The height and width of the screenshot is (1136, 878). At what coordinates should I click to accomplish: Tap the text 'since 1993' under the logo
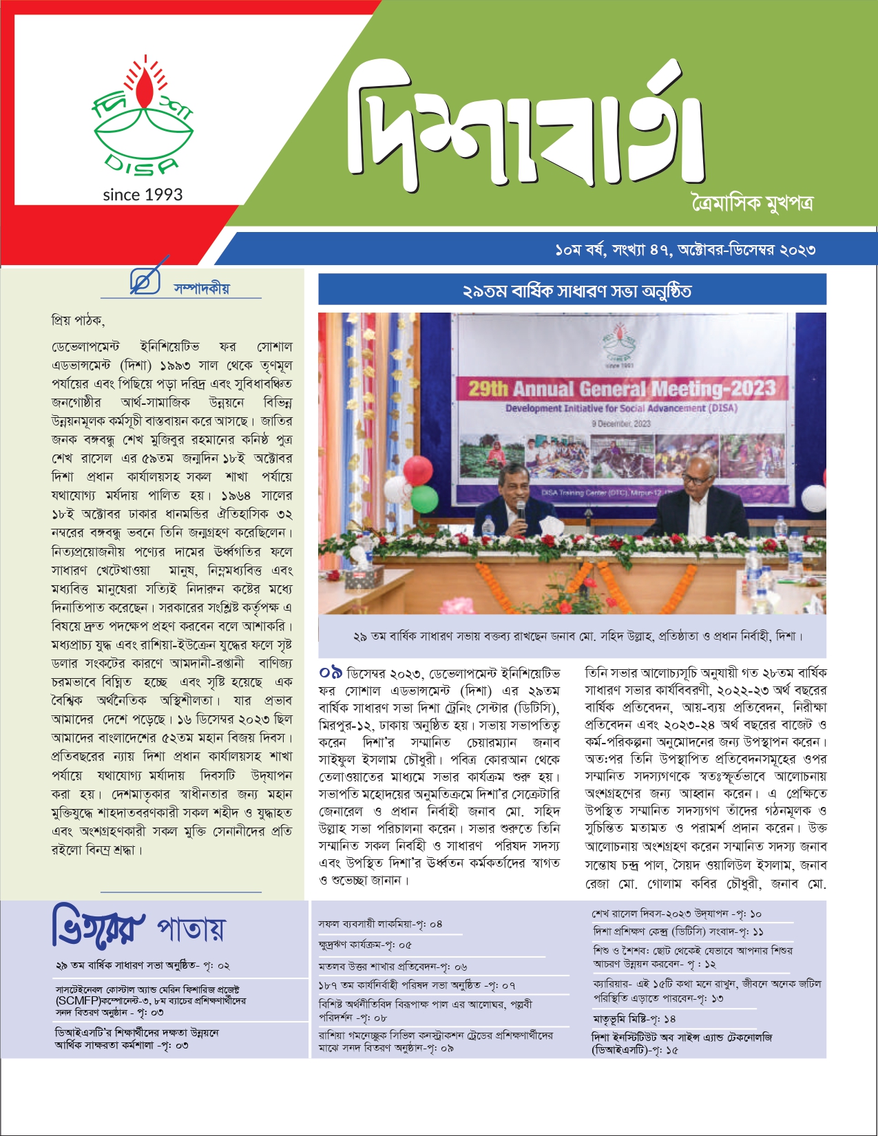pos(143,195)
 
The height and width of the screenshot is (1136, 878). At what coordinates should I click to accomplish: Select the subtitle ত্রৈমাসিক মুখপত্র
pos(752,204)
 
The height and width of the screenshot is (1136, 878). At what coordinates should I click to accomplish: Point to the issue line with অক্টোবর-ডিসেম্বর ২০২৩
pos(684,249)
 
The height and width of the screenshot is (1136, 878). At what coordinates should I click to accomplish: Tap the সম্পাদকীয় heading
pos(202,288)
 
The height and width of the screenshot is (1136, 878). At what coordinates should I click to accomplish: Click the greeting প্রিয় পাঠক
pos(77,320)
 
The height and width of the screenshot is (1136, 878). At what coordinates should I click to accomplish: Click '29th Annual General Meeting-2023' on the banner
pos(621,389)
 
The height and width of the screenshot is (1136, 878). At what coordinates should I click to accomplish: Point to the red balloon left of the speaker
pos(417,470)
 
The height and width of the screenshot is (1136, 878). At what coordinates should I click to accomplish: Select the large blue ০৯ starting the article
pos(331,672)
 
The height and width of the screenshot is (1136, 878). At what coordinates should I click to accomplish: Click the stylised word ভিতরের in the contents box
pos(98,927)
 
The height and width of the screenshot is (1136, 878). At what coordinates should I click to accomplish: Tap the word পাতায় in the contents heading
pos(191,929)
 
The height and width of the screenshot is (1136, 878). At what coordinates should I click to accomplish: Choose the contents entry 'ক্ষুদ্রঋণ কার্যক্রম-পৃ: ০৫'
pos(365,945)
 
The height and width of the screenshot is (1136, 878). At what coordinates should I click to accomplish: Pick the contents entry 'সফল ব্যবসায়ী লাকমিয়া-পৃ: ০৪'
pos(380,924)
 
